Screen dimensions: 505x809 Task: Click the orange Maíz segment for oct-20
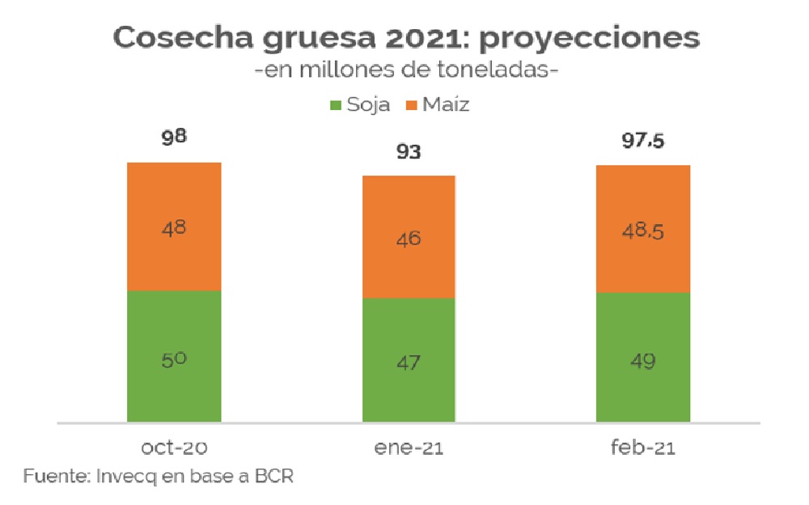(174, 202)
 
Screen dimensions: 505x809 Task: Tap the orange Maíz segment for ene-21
(409, 210)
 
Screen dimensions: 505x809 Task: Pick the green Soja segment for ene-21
(409, 388)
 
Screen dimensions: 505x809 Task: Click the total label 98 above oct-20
(174, 137)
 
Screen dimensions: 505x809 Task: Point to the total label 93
(409, 151)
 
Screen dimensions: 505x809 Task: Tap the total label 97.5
(643, 141)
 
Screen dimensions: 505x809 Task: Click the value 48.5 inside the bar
(643, 232)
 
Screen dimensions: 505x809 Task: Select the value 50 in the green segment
(174, 359)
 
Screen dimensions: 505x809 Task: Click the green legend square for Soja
(337, 104)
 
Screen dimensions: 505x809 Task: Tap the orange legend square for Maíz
(410, 104)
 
